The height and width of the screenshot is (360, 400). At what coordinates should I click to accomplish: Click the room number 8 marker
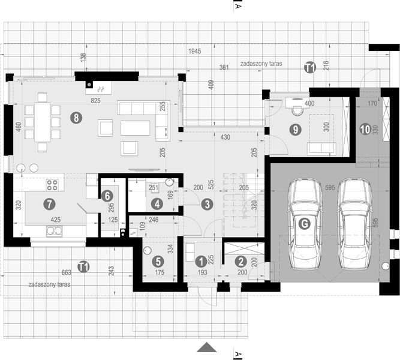(75, 118)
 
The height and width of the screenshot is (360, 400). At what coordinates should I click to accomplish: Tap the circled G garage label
(305, 224)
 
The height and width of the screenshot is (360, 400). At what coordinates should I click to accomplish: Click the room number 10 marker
(365, 128)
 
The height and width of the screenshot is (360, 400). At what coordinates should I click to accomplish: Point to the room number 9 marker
(294, 128)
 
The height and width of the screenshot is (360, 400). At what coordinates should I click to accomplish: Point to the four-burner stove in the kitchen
(52, 185)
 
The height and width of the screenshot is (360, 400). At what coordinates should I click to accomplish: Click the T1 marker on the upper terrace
(309, 67)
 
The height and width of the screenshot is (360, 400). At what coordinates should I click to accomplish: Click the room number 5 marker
(157, 262)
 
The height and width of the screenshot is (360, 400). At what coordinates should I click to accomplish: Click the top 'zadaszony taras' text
(260, 63)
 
